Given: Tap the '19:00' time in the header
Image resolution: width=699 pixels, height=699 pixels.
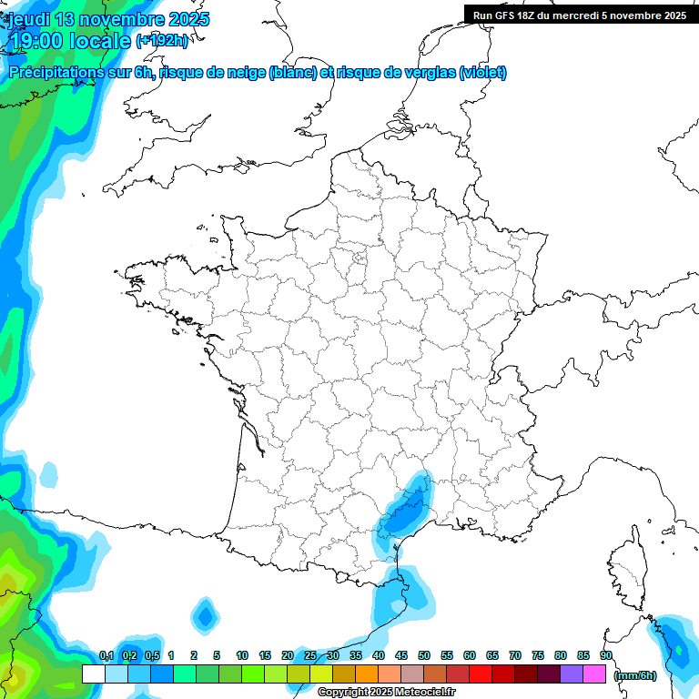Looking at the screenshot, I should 36,41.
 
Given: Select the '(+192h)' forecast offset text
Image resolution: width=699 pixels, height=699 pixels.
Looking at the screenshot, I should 162,41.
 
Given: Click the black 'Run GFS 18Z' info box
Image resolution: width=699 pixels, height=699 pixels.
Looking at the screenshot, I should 580,15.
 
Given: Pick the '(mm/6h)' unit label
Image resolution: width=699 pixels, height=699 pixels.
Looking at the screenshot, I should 635,674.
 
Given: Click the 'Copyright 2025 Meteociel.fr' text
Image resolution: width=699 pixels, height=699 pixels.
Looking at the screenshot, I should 386,693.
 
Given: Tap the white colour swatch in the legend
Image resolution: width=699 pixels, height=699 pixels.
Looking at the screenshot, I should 93,674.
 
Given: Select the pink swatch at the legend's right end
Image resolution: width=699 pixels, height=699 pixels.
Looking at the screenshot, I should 595,674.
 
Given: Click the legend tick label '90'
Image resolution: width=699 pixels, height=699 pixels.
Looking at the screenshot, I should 605,655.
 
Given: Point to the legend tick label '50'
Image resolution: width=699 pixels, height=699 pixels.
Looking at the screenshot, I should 424,655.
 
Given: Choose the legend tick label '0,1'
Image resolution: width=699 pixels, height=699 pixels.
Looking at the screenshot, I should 106,655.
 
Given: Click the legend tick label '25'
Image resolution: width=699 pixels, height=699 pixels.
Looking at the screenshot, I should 310,655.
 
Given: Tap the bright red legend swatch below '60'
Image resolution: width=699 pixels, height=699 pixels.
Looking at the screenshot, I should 481,674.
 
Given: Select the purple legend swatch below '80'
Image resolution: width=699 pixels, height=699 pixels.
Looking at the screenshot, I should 572,674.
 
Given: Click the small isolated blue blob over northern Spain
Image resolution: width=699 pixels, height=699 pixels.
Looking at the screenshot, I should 205,616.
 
